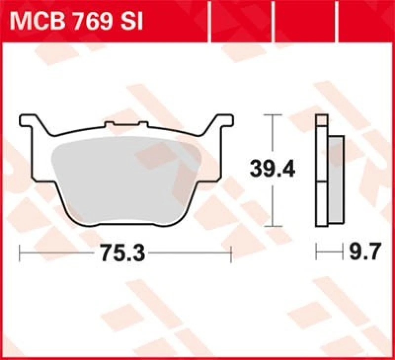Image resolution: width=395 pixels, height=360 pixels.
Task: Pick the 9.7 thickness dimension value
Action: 365,253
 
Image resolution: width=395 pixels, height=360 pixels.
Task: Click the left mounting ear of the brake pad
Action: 30,121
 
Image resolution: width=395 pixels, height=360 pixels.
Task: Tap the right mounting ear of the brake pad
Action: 222,121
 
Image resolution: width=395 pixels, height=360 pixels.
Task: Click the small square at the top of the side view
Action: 321,120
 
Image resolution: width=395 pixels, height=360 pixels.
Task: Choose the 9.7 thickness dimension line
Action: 329,253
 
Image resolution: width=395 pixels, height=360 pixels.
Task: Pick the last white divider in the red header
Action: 337,22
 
